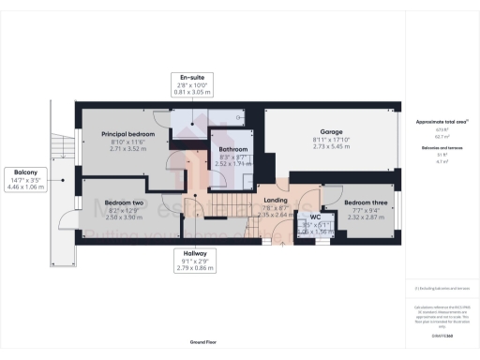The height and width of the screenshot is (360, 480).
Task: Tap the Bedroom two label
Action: [123, 202]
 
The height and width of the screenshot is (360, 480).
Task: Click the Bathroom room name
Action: [233, 149]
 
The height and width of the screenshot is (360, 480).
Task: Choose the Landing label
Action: [276, 200]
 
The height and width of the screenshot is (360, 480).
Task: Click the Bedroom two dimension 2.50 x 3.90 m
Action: [123, 217]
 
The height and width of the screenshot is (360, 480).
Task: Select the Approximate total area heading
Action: [442, 122]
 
